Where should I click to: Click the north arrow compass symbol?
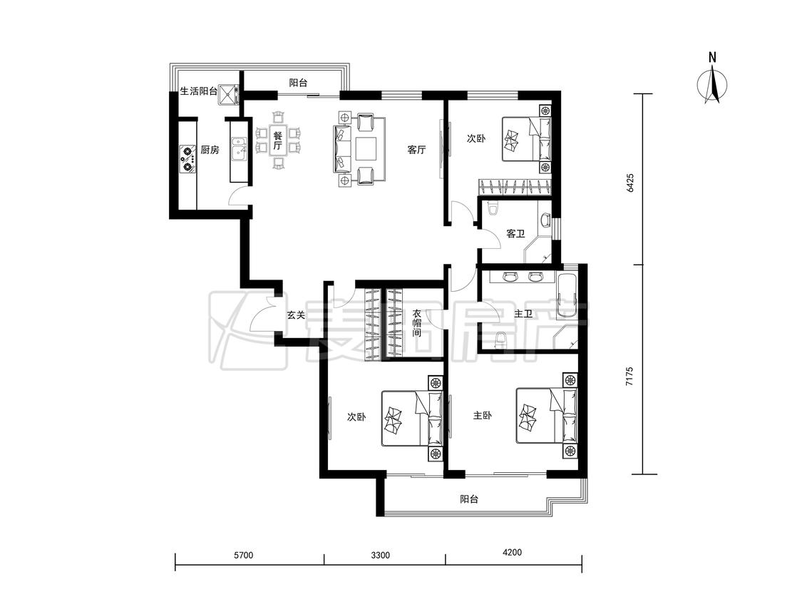pyautogui.click(x=712, y=84)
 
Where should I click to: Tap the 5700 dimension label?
pyautogui.click(x=244, y=555)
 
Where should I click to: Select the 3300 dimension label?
pyautogui.click(x=381, y=555)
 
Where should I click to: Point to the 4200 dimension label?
pyautogui.click(x=512, y=552)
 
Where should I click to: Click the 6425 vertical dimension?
pyautogui.click(x=629, y=182)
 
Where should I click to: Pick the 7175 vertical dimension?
pyautogui.click(x=629, y=376)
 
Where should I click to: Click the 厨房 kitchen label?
pyautogui.click(x=210, y=150)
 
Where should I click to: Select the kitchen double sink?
pyautogui.click(x=238, y=150)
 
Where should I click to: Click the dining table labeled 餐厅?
pyautogui.click(x=277, y=141)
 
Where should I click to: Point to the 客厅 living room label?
pyautogui.click(x=416, y=150)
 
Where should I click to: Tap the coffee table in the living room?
pyautogui.click(x=366, y=148)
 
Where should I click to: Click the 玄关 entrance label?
pyautogui.click(x=296, y=315)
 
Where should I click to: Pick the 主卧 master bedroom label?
pyautogui.click(x=482, y=416)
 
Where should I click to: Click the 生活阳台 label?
pyautogui.click(x=198, y=91)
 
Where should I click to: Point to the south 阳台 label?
pyautogui.click(x=468, y=499)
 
